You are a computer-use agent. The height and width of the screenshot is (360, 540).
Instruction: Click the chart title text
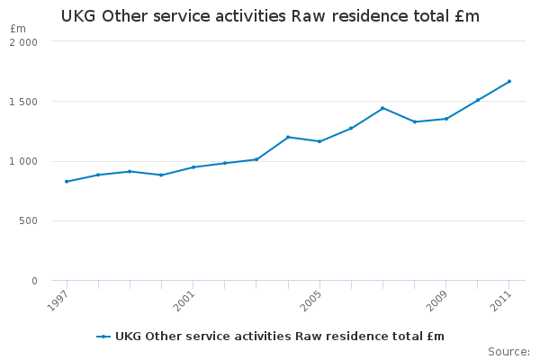pyautogui.click(x=270, y=16)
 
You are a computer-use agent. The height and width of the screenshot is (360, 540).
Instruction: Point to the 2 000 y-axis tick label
pyautogui.click(x=24, y=42)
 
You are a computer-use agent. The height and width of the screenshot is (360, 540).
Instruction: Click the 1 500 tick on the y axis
pyautogui.click(x=24, y=102)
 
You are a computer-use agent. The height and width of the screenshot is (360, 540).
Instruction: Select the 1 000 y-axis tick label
pyautogui.click(x=24, y=162)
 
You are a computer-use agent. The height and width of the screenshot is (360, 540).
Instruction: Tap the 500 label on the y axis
pyautogui.click(x=29, y=221)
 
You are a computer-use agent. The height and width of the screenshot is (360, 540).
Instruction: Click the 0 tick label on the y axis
pyautogui.click(x=34, y=281)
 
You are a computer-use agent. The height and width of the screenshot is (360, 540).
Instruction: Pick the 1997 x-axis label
pyautogui.click(x=57, y=300)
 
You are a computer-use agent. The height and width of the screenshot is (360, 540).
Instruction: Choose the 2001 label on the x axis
pyautogui.click(x=184, y=300)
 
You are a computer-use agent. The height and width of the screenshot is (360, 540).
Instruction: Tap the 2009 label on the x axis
pyautogui.click(x=436, y=300)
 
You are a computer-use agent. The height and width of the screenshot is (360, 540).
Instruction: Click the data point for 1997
pyautogui.click(x=67, y=182)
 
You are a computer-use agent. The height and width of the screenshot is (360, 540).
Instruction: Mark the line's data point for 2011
pyautogui.click(x=509, y=81)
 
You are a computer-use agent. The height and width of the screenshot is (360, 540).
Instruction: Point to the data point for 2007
pyautogui.click(x=382, y=108)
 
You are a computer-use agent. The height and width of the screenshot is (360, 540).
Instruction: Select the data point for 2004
pyautogui.click(x=288, y=137)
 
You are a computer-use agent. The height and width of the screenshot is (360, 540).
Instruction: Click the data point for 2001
pyautogui.click(x=193, y=167)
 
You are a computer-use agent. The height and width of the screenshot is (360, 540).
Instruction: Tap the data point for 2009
pyautogui.click(x=446, y=119)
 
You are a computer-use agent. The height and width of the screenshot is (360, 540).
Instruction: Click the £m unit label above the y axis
pyautogui.click(x=18, y=29)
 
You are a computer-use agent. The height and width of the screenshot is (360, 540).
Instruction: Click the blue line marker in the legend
pyautogui.click(x=104, y=337)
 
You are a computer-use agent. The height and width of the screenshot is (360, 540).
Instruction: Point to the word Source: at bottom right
pyautogui.click(x=508, y=351)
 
